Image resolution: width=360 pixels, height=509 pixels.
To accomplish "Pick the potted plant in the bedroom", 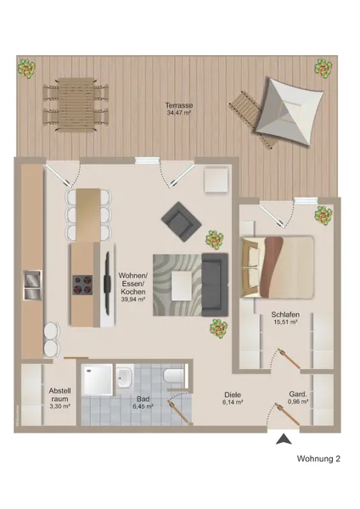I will [x=324, y=215].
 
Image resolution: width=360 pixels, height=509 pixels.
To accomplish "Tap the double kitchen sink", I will [x=32, y=285].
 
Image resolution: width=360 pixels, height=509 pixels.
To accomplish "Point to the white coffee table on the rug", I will [x=183, y=286].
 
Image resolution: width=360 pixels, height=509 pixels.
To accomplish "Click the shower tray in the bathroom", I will [x=98, y=381].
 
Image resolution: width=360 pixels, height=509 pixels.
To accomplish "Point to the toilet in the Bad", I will [x=175, y=374].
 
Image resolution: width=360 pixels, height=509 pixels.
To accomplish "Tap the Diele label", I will [x=233, y=394].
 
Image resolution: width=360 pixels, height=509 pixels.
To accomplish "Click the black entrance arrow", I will [x=283, y=439].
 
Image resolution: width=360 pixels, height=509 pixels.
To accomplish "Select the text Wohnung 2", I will [x=318, y=459].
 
